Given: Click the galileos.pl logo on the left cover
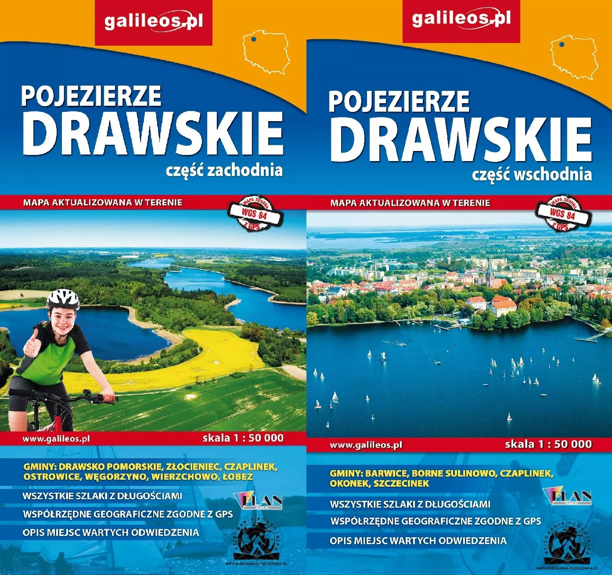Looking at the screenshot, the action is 153,22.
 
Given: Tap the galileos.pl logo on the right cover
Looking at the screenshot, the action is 461,19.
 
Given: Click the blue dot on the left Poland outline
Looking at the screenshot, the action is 254,39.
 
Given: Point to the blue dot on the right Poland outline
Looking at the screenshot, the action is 562,44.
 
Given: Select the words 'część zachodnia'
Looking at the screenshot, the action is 224,170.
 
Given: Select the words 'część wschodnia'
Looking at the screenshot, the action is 532,174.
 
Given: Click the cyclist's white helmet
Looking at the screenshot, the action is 63,298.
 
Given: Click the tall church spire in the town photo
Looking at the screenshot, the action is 490,270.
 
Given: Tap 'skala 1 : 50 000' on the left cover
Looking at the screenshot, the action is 243,438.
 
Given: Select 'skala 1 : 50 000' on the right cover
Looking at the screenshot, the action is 548,444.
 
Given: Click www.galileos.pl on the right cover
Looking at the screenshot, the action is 366,445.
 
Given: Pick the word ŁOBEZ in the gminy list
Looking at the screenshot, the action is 237,476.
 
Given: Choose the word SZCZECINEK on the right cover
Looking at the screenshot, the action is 401,483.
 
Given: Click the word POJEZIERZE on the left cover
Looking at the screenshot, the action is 91,96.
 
